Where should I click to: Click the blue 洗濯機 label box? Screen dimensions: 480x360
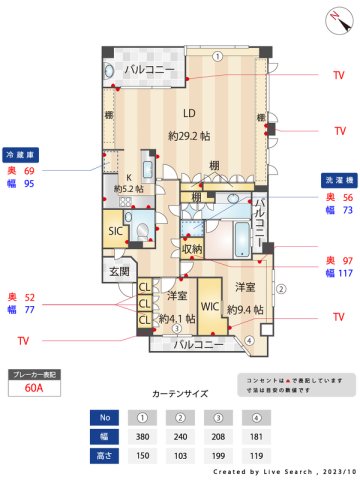(336, 181)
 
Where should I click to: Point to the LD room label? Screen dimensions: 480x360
(187, 112)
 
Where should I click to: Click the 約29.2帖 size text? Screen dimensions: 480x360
(188, 134)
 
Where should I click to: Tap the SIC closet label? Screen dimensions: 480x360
(116, 231)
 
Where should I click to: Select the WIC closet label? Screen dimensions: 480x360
(209, 305)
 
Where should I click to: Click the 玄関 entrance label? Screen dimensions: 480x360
(119, 272)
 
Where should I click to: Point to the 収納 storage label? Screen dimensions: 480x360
(192, 248)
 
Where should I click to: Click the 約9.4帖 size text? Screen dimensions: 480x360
(245, 310)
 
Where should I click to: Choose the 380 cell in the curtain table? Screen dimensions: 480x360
(143, 437)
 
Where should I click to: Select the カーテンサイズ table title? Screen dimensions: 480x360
(180, 395)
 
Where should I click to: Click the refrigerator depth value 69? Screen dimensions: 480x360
(29, 171)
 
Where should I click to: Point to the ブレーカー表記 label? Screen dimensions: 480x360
(33, 374)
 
